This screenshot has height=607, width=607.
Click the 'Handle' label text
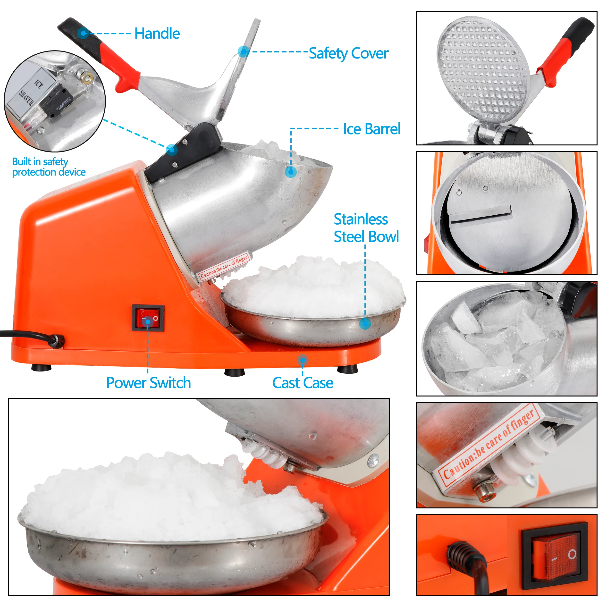(x=157, y=34)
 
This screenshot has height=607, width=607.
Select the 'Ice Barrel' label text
(x=372, y=129)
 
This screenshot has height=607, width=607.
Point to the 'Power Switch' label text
(x=149, y=383)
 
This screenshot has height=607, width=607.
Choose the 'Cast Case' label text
(x=303, y=383)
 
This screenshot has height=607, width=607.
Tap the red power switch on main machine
(x=148, y=318)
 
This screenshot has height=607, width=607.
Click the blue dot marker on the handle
(x=83, y=33)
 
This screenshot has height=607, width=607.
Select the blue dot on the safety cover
(x=244, y=51)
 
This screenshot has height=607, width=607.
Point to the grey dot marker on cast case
(x=303, y=360)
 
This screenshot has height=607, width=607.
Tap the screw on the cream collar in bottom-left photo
(x=373, y=462)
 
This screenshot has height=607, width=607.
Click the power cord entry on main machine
(x=58, y=341)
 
